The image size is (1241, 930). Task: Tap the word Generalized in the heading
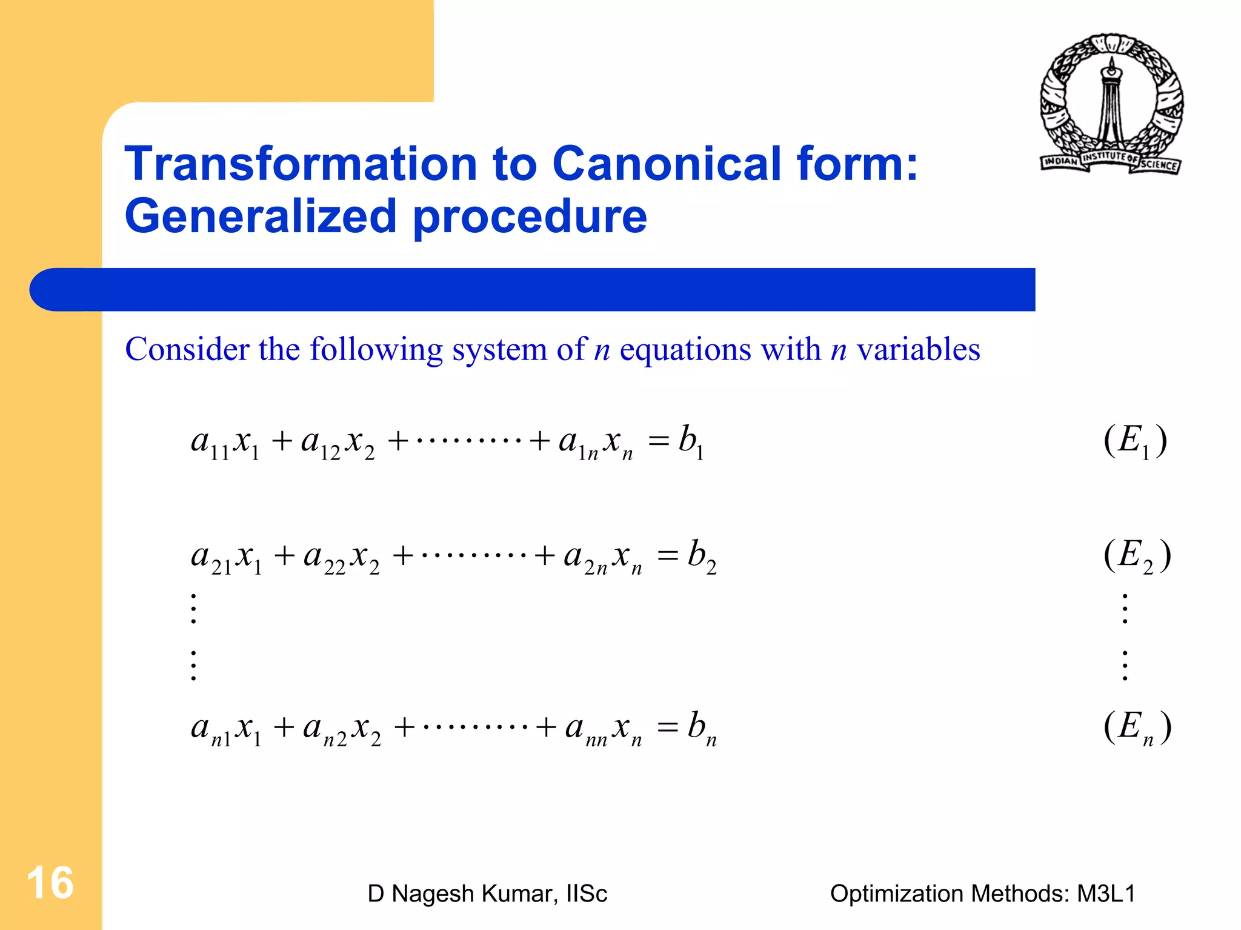tap(260, 216)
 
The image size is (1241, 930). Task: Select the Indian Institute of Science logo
tap(1111, 104)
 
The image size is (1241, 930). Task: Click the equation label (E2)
tap(1137, 556)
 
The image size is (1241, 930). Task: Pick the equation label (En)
tap(1137, 727)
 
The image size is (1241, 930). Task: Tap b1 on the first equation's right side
tap(691, 441)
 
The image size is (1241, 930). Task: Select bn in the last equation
tap(702, 728)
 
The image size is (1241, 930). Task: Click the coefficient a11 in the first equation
tap(210, 444)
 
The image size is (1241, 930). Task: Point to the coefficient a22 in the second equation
tap(324, 558)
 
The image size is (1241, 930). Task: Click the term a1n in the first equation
tap(579, 444)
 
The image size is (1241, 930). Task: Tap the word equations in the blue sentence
tap(685, 350)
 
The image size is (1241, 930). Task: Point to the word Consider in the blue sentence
tap(187, 350)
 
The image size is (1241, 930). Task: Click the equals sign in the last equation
tap(667, 727)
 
